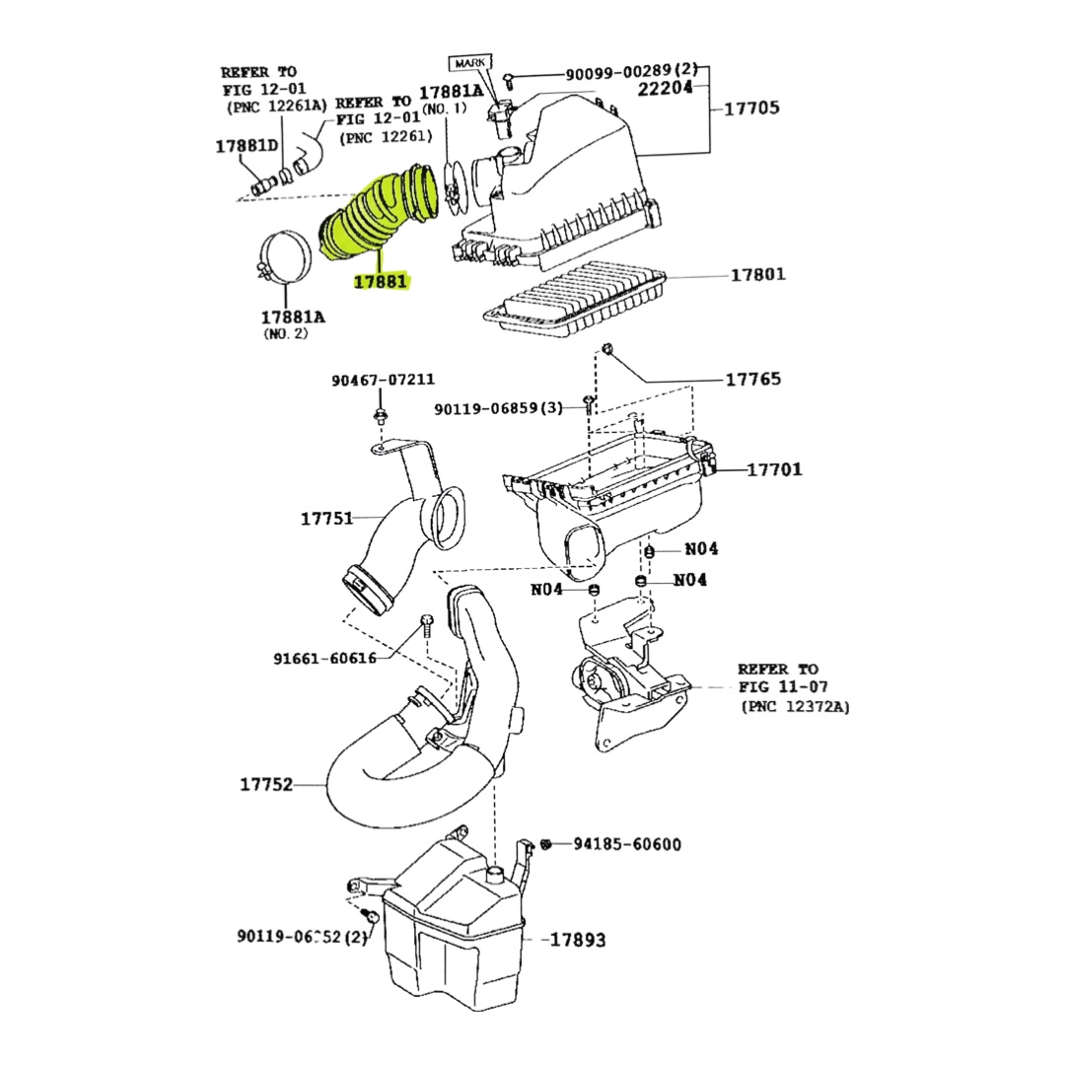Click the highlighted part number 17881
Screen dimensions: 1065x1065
(x=381, y=282)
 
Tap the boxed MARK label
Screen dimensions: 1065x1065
(x=470, y=63)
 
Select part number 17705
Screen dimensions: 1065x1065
(x=751, y=107)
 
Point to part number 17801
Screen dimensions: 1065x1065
(x=757, y=274)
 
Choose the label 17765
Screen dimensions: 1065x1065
(x=752, y=379)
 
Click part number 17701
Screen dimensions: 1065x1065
(x=774, y=469)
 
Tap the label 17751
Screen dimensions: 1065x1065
(x=326, y=518)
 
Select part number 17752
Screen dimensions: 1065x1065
(x=266, y=784)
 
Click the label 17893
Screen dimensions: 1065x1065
(x=577, y=940)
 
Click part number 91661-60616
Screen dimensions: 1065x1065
(x=324, y=658)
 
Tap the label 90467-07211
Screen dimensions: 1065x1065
(x=383, y=380)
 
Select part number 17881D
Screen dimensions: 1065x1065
(x=247, y=146)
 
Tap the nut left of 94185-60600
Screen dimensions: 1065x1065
(x=546, y=844)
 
